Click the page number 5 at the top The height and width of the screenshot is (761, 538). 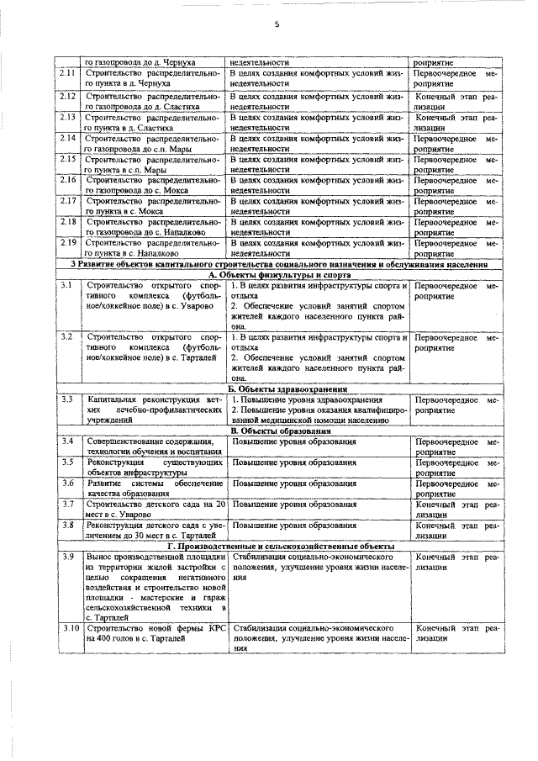coord(276,24)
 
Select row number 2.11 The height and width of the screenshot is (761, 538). coord(69,73)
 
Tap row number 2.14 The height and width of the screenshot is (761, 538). coord(69,137)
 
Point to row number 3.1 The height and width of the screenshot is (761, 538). coord(66,287)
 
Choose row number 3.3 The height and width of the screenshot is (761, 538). coord(66,399)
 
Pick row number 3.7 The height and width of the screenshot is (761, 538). coord(67,503)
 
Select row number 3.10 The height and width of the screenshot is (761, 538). coord(70,627)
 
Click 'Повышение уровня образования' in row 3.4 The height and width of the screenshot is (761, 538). coord(294,441)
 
